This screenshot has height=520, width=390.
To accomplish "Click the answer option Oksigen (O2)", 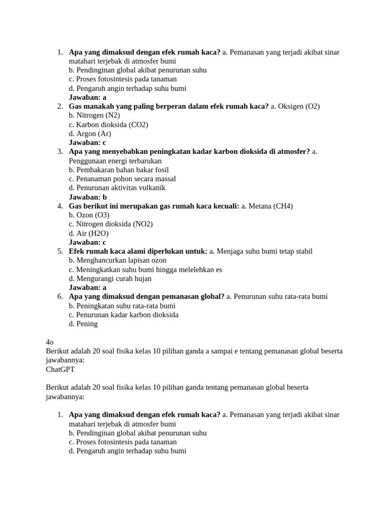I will [295, 106].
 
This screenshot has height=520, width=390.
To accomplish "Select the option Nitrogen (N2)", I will [94, 115].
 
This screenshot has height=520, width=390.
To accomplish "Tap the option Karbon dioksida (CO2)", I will [108, 124].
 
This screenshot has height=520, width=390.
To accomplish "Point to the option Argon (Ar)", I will [90, 134].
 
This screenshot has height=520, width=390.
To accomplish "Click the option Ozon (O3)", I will [89, 215].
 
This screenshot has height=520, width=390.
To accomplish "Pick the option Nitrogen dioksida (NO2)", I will [111, 224].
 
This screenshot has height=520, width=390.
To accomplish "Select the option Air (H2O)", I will [88, 233].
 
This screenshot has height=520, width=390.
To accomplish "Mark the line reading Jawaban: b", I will [88, 197].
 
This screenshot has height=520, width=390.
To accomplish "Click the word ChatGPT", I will [60, 369].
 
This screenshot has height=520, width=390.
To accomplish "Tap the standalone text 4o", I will [50, 342].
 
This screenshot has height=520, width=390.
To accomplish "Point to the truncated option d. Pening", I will [83, 323].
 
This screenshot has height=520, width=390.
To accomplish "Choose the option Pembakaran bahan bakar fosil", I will [119, 170].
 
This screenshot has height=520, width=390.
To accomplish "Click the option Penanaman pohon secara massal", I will [122, 179].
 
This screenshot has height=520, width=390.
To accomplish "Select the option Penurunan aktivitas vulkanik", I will [117, 188].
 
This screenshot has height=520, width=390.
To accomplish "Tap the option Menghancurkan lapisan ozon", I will [117, 261].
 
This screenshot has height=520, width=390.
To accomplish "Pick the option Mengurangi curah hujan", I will [110, 278].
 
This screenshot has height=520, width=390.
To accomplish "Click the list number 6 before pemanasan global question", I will [59, 297].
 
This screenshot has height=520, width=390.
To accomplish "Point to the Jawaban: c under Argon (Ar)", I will [87, 143].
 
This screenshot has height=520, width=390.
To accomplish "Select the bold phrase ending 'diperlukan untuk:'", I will [138, 251].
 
